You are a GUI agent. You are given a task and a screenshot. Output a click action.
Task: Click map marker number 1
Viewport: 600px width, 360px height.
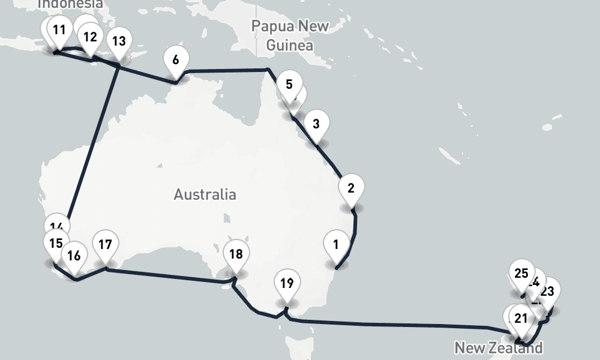[x=336, y=245]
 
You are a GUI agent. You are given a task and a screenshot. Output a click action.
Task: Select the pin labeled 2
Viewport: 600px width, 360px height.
[x=351, y=188]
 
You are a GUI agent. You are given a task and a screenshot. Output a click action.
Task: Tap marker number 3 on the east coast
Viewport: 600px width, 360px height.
[x=316, y=125]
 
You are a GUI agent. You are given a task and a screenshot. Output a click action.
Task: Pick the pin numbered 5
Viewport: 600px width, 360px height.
[x=289, y=85]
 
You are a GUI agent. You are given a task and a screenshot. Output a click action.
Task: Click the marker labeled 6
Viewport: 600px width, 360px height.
[x=175, y=60]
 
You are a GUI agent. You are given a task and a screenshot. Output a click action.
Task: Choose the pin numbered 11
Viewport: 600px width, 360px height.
[x=59, y=31]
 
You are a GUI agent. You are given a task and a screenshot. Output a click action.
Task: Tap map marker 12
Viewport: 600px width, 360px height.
[x=90, y=37]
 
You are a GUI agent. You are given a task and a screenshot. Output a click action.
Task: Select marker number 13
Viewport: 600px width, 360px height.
[x=119, y=41]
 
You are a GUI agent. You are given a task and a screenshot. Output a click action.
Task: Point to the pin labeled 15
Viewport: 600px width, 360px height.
[x=56, y=244]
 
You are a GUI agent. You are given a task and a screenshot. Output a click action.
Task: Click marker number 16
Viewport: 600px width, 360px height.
[x=74, y=256]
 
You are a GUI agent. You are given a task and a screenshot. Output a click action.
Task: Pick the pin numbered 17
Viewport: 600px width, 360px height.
[x=105, y=245]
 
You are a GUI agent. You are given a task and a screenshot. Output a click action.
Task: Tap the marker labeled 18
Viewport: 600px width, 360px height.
[x=236, y=254]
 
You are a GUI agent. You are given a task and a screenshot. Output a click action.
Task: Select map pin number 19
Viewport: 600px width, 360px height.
[x=287, y=283]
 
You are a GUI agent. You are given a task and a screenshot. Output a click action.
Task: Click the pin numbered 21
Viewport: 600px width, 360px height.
[x=520, y=319]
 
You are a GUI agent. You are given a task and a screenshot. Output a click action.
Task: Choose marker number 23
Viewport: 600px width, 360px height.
[x=547, y=292]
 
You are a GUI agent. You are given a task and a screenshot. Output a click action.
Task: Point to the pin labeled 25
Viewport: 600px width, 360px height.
[x=521, y=274]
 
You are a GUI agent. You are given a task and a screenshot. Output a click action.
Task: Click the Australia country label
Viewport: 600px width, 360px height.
[x=205, y=194]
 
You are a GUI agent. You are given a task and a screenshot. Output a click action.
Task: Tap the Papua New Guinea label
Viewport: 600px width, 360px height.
[x=290, y=35]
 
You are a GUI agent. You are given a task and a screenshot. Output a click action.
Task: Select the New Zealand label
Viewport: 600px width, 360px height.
[x=498, y=347]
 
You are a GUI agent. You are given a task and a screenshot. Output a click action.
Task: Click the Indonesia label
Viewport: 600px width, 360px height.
[x=70, y=4]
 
